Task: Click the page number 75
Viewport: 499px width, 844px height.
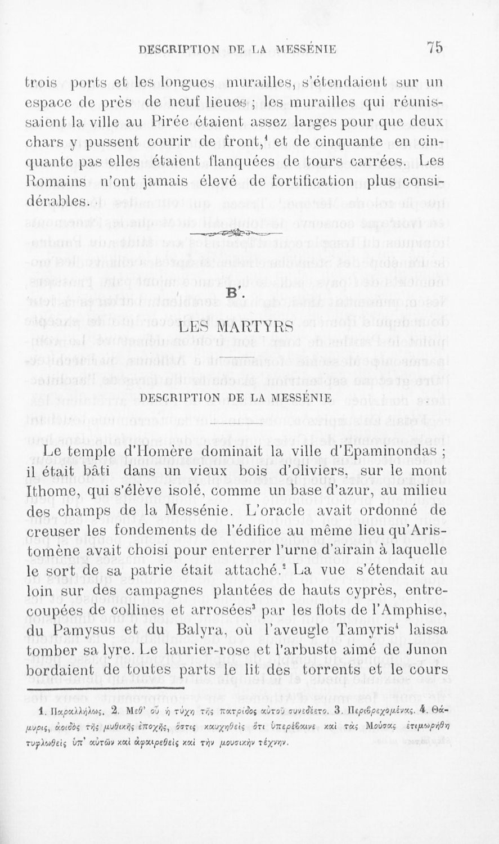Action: tap(435, 47)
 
